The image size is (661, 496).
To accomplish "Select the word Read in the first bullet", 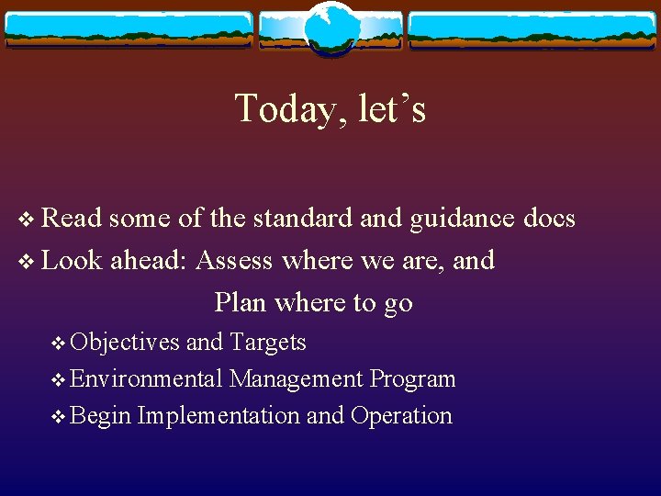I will [x=73, y=219].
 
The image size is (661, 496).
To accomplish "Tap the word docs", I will [x=548, y=219].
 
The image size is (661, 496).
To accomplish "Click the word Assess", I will [x=234, y=261].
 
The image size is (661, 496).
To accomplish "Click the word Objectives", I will [x=125, y=343].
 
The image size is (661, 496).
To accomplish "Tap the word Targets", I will [x=268, y=343].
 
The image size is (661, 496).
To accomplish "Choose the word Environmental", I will [x=147, y=379].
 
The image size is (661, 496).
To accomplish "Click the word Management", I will [x=297, y=379].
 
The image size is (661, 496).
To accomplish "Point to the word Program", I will [x=413, y=379].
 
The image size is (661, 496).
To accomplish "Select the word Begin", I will [x=100, y=416].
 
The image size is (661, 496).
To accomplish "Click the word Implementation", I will [x=218, y=416].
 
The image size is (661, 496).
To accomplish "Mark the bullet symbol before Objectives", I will [x=60, y=344].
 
